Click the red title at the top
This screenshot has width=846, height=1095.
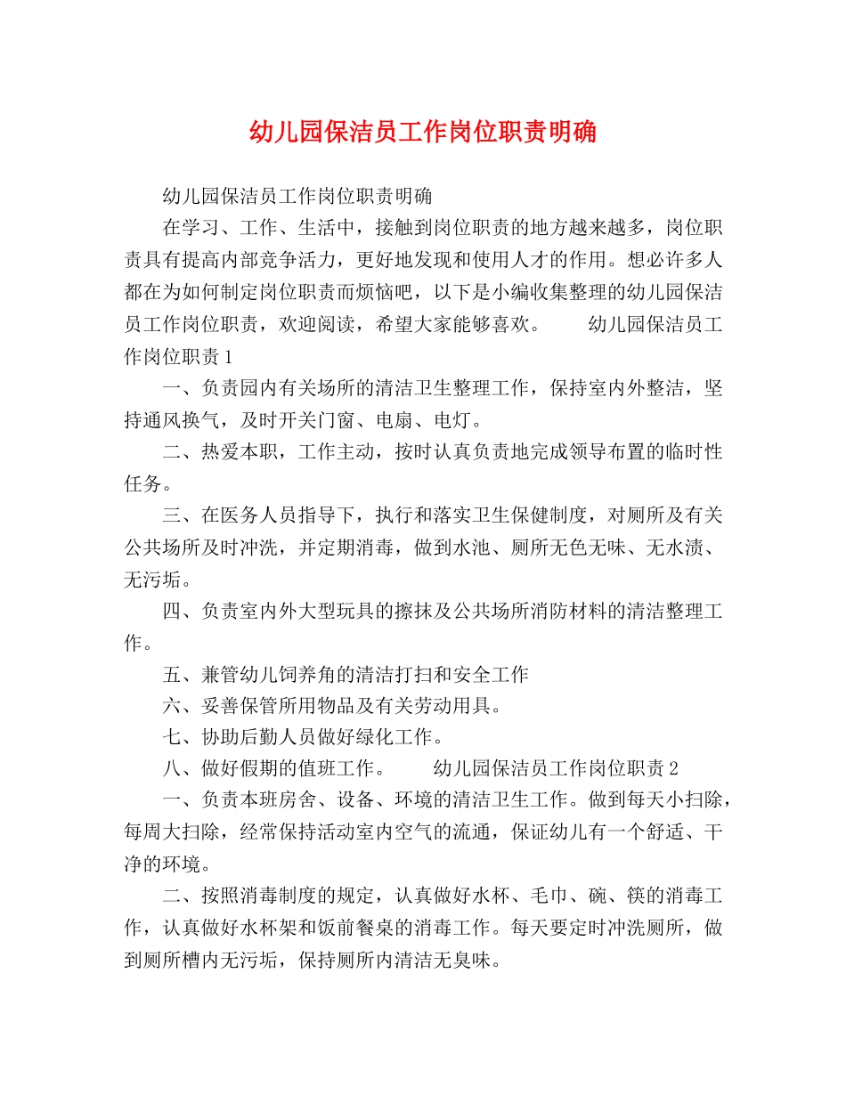click(x=423, y=133)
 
